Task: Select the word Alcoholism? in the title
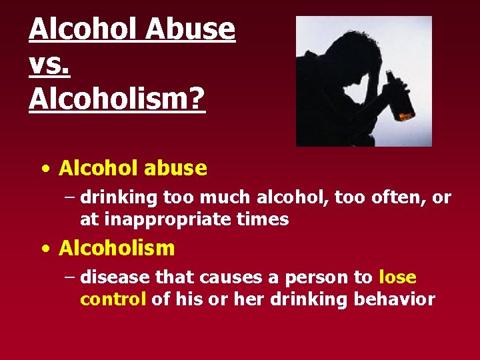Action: (x=117, y=100)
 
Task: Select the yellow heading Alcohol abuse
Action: (x=133, y=168)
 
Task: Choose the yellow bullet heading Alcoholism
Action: (x=117, y=249)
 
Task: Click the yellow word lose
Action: (x=397, y=277)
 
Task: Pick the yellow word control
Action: (x=113, y=299)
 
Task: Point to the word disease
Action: (x=116, y=277)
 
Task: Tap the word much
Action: (x=207, y=197)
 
